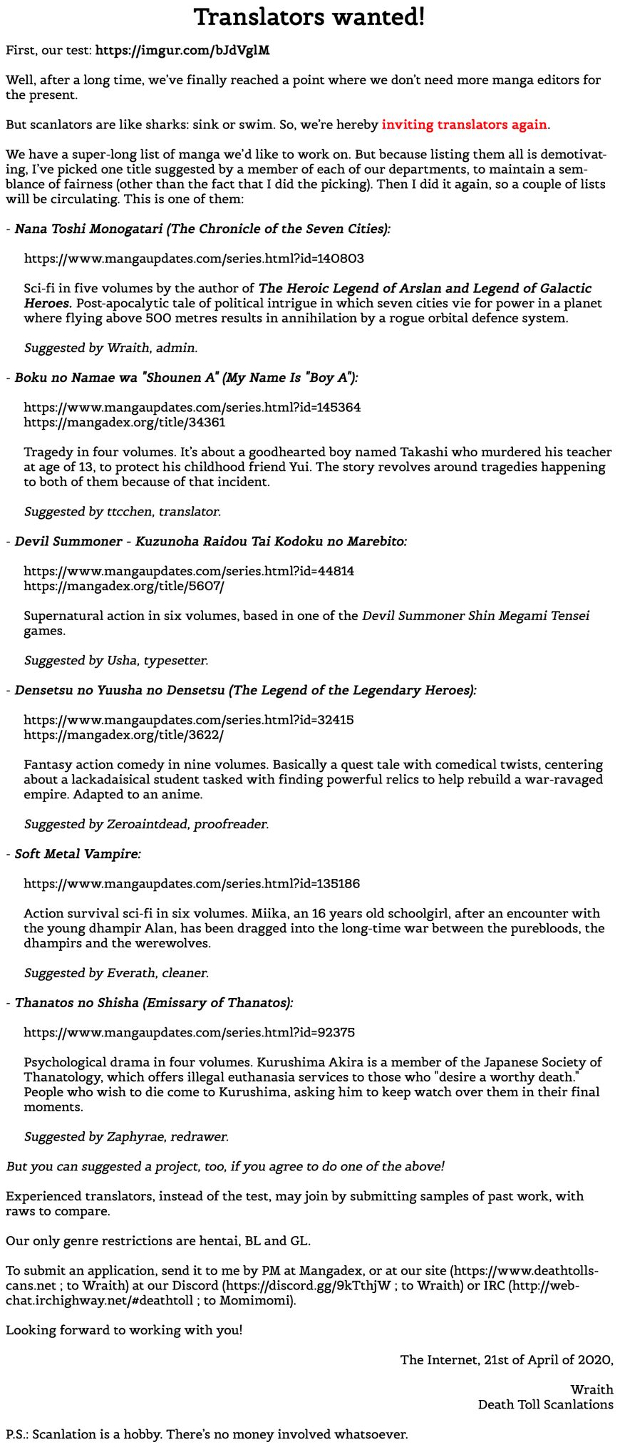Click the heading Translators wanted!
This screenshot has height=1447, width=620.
pos(309,18)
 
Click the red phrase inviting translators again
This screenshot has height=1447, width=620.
pos(465,125)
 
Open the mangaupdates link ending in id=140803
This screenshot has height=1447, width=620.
pos(194,259)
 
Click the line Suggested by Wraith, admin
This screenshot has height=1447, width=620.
pos(110,348)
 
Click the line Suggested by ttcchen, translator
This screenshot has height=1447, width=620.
pos(123,511)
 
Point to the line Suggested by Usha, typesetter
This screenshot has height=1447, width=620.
pos(116,660)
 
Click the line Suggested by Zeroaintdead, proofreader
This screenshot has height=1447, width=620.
pos(146,824)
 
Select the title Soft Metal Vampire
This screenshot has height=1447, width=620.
pos(78,853)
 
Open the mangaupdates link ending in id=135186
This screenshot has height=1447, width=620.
pos(192,884)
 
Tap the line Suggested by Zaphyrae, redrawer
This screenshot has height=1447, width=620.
pos(126,1136)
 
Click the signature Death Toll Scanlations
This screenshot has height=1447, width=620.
pos(545,1404)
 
